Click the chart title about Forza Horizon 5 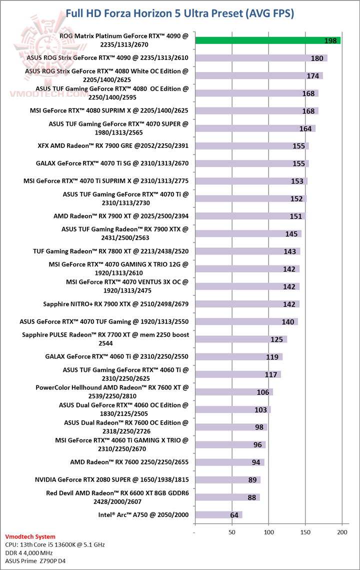point(180,13)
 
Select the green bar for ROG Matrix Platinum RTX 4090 point(268,40)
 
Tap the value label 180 point(316,58)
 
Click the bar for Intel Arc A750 point(218,515)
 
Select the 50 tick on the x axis point(232,532)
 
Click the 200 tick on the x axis point(342,532)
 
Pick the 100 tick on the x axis point(268,532)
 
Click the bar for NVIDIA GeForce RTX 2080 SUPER point(227,480)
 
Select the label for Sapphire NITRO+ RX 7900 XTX point(116,303)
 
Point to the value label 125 point(276,339)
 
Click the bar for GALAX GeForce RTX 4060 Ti point(238,357)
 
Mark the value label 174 point(313,76)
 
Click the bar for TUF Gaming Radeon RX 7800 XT point(247,251)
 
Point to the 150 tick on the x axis point(305,532)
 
